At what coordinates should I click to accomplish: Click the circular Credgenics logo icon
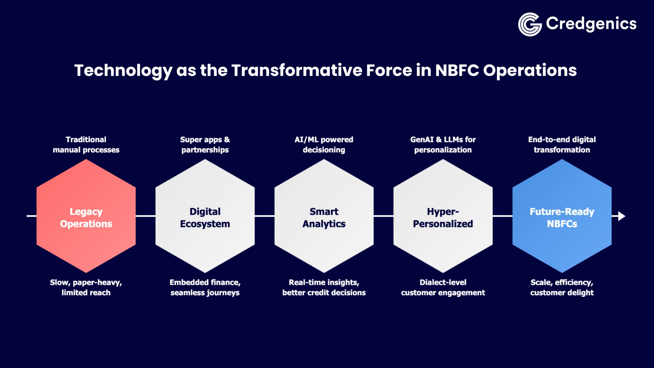click(530, 25)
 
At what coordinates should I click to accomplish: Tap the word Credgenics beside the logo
click(591, 24)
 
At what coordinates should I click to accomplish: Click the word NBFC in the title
click(457, 70)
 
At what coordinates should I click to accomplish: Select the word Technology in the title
click(123, 71)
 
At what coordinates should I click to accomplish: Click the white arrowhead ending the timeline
click(621, 216)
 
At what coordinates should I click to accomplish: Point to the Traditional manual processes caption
click(86, 145)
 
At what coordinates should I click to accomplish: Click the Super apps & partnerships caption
click(205, 145)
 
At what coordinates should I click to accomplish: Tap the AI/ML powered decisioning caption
click(324, 145)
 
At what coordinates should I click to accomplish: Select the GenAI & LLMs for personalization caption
click(443, 145)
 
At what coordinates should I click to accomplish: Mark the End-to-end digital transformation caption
click(562, 145)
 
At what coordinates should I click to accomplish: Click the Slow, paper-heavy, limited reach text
click(86, 287)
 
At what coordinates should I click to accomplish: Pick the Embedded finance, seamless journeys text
click(205, 287)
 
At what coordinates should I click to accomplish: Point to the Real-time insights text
click(324, 283)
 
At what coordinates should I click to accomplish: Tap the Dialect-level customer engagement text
click(443, 287)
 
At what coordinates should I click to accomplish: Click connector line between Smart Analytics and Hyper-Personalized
click(383, 216)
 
